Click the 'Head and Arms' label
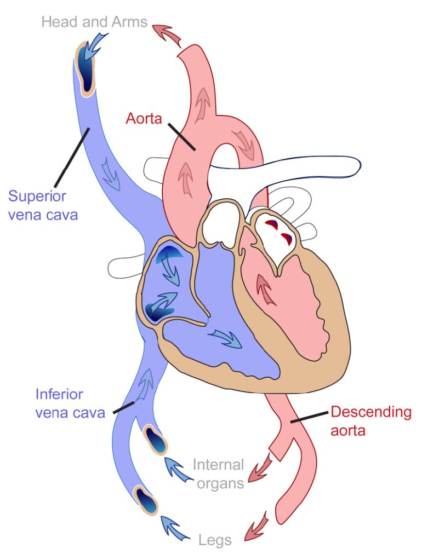tap(94, 22)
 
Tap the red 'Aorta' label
tap(144, 118)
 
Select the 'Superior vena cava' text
tap(43, 205)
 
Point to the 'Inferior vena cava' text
tap(70, 403)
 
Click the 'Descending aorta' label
tap(371, 420)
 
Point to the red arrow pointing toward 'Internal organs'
tap(261, 469)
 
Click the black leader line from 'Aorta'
tap(181, 136)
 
